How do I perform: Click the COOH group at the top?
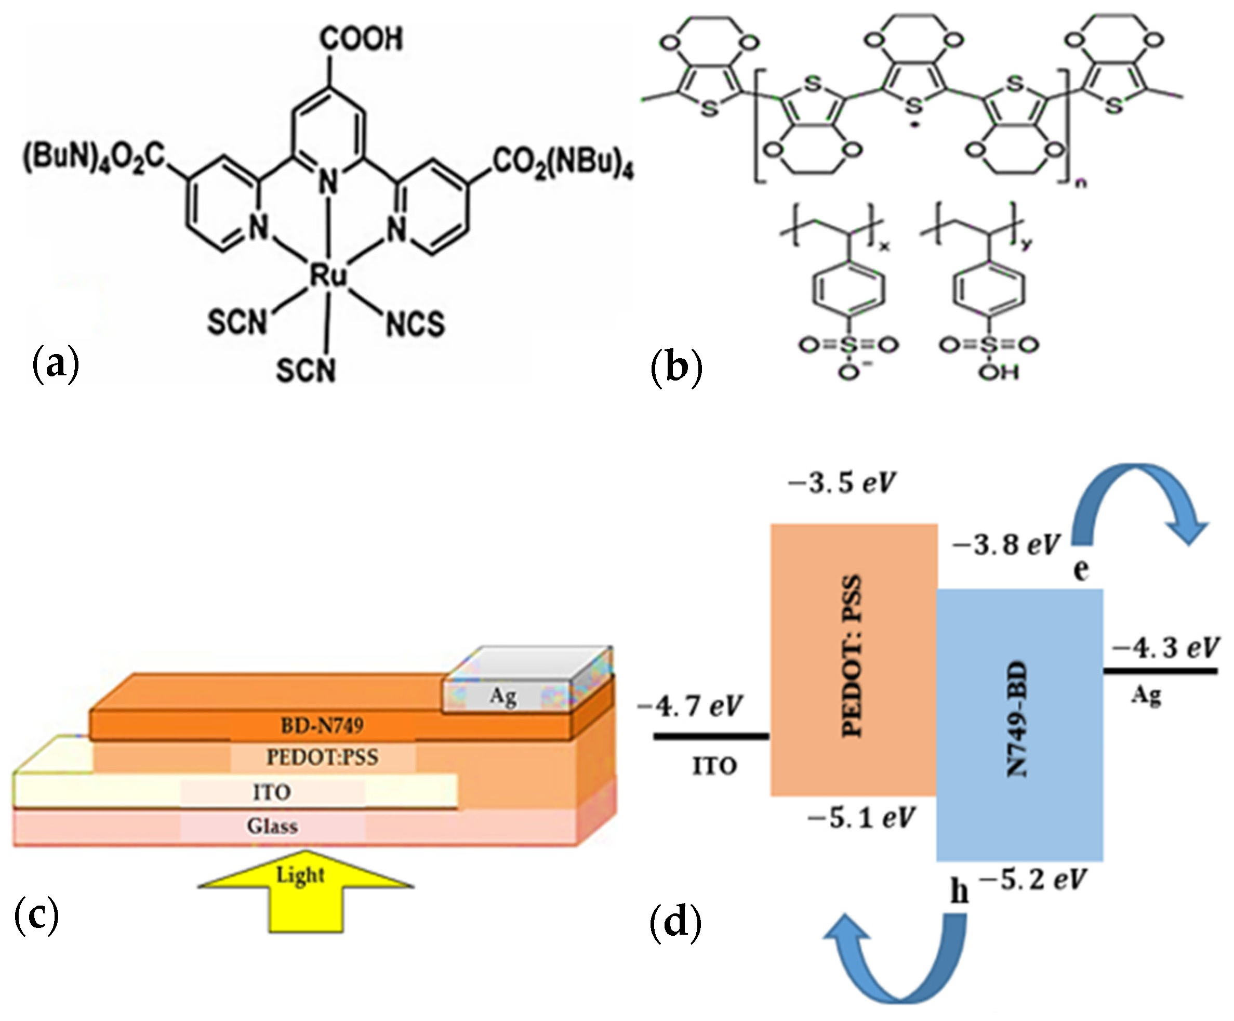(x=362, y=39)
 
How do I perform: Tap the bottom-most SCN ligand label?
(x=306, y=371)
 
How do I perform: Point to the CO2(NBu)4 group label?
(x=562, y=163)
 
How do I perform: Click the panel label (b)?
(x=676, y=369)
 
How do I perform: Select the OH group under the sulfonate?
(x=998, y=373)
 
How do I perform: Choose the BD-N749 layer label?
(x=322, y=725)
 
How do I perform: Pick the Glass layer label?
(x=272, y=827)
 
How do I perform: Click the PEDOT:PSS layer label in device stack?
(x=322, y=757)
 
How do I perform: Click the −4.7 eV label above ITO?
(x=691, y=706)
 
